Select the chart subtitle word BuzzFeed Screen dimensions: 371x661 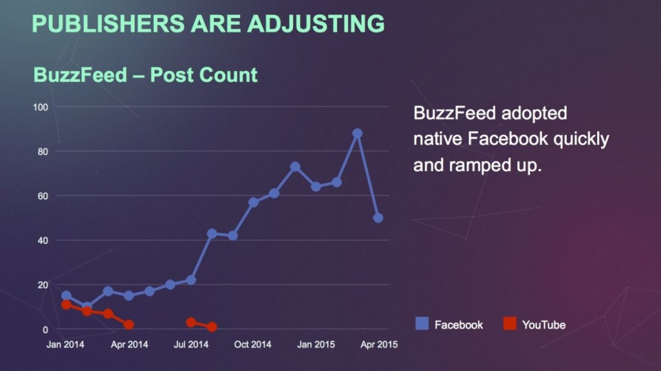point(80,75)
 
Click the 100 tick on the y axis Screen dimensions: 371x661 point(41,106)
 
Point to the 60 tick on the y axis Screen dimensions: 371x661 point(43,196)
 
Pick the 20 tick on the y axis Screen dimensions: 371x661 point(43,285)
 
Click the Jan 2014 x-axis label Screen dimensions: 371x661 point(65,345)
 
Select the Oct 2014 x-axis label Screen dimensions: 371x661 point(252,345)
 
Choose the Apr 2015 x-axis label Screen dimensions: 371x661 point(378,345)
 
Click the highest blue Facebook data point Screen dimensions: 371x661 point(357,134)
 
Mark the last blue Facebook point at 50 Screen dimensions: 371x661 point(378,218)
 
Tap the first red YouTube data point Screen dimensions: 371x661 point(66,305)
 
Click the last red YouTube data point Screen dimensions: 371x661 point(212,327)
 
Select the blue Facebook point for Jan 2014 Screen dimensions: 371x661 point(66,296)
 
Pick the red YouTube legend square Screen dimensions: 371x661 point(509,324)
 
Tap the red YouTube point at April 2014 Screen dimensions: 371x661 point(129,325)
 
